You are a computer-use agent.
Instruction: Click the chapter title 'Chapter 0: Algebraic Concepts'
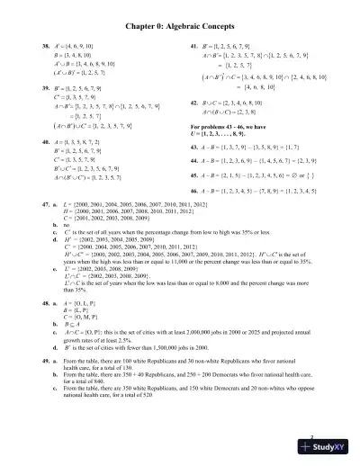pyautogui.click(x=180, y=28)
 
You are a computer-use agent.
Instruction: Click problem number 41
pyautogui.click(x=193, y=45)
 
